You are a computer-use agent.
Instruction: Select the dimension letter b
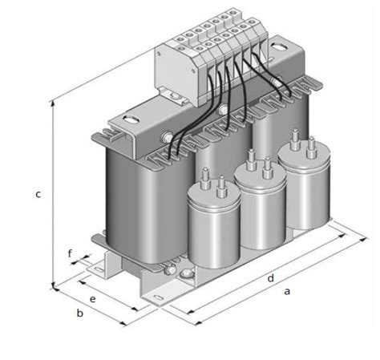80,312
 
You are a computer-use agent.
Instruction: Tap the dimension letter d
271,278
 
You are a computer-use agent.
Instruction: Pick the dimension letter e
93,298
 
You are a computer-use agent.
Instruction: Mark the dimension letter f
71,256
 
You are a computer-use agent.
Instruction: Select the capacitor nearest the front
212,229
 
